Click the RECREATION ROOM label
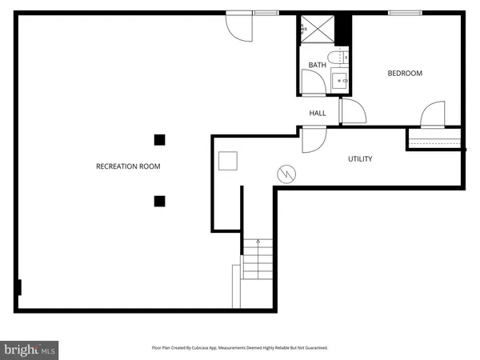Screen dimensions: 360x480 coord(128,166)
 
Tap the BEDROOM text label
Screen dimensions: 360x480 coord(404,74)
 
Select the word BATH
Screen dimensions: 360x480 coord(318,65)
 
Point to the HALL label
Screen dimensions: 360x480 coord(318,113)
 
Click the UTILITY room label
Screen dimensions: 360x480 coord(359,159)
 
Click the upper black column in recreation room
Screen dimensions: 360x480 coord(160,139)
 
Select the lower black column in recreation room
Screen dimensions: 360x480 coord(160,200)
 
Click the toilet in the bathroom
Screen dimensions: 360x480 coord(342,57)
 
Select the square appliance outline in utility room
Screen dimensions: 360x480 coord(229,160)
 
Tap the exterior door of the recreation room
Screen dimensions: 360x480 coord(238,27)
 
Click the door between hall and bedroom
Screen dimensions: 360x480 coord(351,112)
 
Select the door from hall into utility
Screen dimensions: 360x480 coord(314,139)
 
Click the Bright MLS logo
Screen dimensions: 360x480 coord(30,350)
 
